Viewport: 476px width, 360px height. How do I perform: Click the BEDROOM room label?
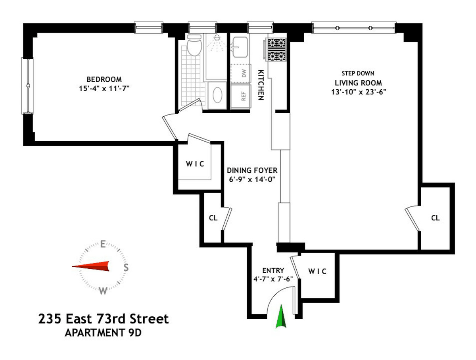pos(104,79)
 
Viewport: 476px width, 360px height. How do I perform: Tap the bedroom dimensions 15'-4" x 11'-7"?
pos(104,89)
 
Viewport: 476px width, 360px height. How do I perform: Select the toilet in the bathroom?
pos(194,45)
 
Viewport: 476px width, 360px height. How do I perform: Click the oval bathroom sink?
pos(217,95)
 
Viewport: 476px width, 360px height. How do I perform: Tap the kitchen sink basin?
pos(240,47)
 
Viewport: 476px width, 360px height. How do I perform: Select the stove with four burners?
pos(275,50)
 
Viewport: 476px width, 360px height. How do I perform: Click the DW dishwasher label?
pos(244,73)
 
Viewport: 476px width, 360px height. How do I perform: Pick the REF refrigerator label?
pos(244,96)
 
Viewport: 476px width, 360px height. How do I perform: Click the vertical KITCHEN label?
pos(261,85)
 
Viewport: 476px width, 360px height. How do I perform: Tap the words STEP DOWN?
pos(358,73)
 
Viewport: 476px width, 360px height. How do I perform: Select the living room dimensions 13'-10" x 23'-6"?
pos(359,92)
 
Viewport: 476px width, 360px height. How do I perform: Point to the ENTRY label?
pos(273,271)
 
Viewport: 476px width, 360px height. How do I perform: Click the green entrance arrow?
pos(281,317)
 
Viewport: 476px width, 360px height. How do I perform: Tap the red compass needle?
pos(91,266)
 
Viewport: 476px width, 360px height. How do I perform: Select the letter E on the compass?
pos(103,244)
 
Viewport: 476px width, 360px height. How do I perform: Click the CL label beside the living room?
pos(435,218)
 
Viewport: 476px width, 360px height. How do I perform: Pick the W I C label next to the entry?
pos(317,271)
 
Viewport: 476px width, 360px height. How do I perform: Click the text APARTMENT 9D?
pos(103,333)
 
